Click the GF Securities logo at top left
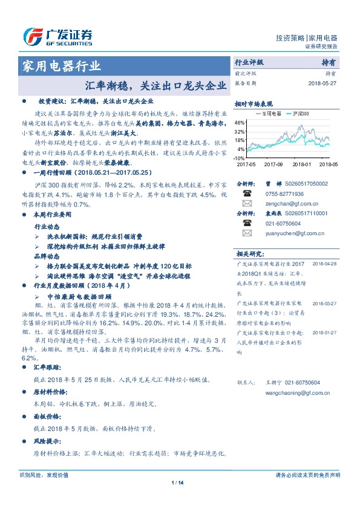tap(57, 37)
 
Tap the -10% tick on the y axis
tap(240, 158)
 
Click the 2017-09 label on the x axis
tap(274, 164)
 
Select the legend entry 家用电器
tap(267, 113)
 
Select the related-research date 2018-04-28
tap(324, 247)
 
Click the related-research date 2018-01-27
tap(324, 332)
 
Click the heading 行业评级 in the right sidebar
tap(249, 62)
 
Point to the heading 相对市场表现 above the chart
tap(254, 103)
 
